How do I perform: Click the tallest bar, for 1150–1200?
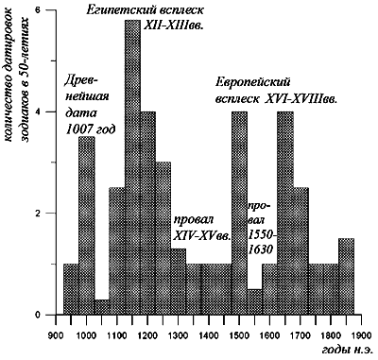pyautogui.click(x=132, y=170)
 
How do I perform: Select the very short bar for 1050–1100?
pyautogui.click(x=102, y=307)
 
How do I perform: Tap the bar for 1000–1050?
pyautogui.click(x=86, y=227)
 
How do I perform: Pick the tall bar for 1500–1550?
pyautogui.click(x=239, y=213)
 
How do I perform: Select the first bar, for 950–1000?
pyautogui.click(x=71, y=289)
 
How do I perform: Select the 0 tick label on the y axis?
pyautogui.click(x=38, y=315)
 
